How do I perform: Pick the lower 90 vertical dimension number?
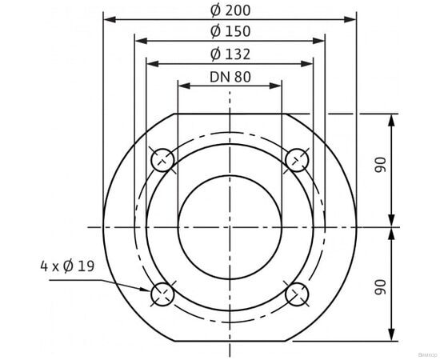[381, 284]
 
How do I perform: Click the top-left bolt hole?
[162, 160]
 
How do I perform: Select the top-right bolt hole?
[298, 160]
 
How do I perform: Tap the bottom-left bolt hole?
[162, 294]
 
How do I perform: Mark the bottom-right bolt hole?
[298, 294]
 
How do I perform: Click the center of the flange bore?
[230, 227]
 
